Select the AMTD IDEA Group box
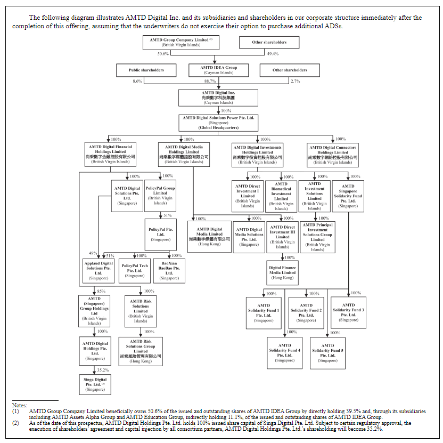click(218, 70)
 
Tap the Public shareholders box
click(146, 70)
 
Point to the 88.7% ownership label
click(210, 82)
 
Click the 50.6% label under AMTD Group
click(163, 54)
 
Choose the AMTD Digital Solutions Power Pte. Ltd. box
click(218, 123)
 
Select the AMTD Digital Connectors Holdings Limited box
click(333, 155)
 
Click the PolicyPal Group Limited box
click(160, 196)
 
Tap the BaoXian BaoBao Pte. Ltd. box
click(169, 270)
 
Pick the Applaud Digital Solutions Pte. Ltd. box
click(99, 270)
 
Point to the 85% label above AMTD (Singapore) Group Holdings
click(101, 291)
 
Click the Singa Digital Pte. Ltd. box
click(95, 384)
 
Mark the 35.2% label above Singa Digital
click(103, 370)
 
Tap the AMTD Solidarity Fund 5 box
click(327, 353)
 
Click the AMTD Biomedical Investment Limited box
click(281, 197)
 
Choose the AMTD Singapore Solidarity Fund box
click(348, 196)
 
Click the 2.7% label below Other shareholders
click(295, 82)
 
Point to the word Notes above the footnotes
click(20, 406)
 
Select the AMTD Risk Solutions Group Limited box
click(141, 351)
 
